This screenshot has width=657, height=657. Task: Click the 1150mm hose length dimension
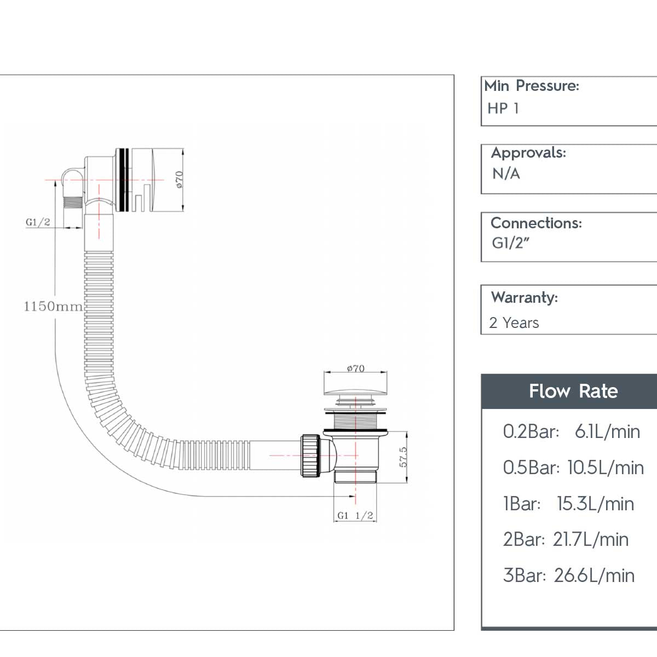(53, 306)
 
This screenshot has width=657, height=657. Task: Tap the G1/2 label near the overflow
(38, 222)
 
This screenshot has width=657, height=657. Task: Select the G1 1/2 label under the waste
(355, 515)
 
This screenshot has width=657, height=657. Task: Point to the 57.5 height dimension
(404, 457)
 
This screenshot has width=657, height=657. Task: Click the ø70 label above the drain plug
(355, 368)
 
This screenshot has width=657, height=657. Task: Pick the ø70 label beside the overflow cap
(179, 179)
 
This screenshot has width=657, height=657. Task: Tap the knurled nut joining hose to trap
(310, 456)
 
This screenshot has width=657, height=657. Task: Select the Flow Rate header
(573, 391)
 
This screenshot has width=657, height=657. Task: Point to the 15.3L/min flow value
(595, 504)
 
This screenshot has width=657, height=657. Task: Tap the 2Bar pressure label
(523, 539)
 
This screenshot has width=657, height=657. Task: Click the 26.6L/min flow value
(594, 575)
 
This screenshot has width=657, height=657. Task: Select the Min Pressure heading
(531, 86)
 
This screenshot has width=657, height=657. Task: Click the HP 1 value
(503, 108)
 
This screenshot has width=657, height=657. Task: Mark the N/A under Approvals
(506, 174)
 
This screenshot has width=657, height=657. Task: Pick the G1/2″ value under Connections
(510, 243)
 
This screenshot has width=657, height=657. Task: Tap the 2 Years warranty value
(514, 323)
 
